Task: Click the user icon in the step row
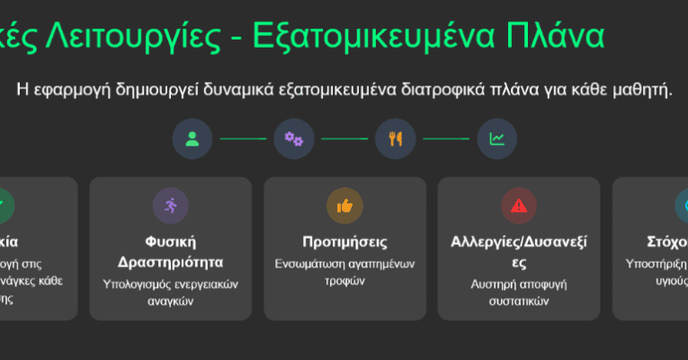point(192,139)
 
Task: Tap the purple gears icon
point(293,139)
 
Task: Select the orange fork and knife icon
point(395,139)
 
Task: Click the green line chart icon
point(496,139)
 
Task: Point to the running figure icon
point(171,206)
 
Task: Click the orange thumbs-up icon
point(344,206)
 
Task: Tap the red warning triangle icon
point(518,206)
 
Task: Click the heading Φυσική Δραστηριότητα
point(171,251)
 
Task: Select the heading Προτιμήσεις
point(344,241)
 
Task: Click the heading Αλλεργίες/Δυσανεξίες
point(518,251)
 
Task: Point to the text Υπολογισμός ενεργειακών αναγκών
point(171,292)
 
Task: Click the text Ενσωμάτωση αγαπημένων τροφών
point(344,273)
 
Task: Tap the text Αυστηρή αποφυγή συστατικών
point(518,292)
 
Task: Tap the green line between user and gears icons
point(243,139)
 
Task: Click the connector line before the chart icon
point(446,139)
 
